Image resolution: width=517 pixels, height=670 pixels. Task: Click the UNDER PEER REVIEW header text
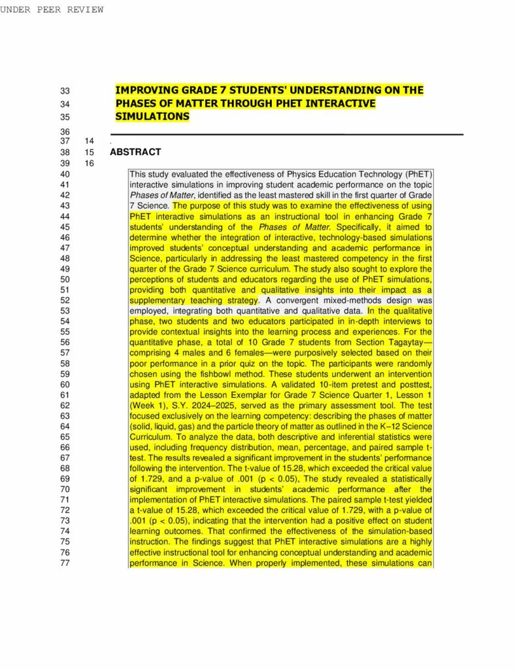tap(52, 9)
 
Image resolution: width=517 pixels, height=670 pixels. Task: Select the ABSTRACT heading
tap(135, 152)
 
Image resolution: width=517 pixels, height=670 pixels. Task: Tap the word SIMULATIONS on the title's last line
tap(152, 116)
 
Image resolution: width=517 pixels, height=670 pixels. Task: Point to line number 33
tap(65, 91)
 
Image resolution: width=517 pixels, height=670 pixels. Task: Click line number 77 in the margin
tap(65, 563)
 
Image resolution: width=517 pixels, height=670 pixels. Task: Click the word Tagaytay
tap(405, 342)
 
